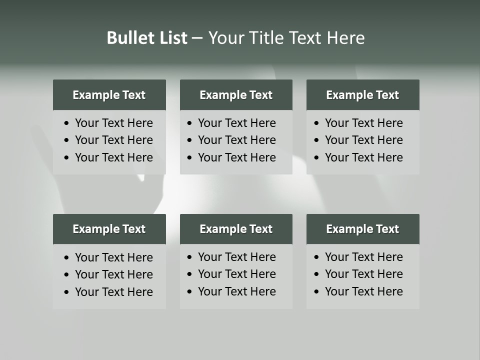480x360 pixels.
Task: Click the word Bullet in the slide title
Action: point(127,38)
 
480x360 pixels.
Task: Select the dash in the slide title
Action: point(197,38)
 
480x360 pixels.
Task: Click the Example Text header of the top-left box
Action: point(109,95)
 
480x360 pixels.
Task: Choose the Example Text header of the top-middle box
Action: point(236,95)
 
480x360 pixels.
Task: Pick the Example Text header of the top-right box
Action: point(362,95)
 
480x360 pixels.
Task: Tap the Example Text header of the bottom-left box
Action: point(109,229)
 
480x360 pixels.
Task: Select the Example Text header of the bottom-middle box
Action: point(236,229)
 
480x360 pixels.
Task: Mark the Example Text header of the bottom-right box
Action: point(362,229)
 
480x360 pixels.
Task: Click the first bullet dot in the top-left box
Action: point(67,123)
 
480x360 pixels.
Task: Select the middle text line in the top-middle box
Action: point(236,140)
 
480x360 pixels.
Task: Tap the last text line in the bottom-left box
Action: point(114,292)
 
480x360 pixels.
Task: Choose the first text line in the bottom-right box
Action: point(363,257)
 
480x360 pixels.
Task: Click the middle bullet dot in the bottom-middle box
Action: point(190,274)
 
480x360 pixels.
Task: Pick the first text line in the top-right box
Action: point(363,123)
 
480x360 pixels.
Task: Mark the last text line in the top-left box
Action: point(114,157)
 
